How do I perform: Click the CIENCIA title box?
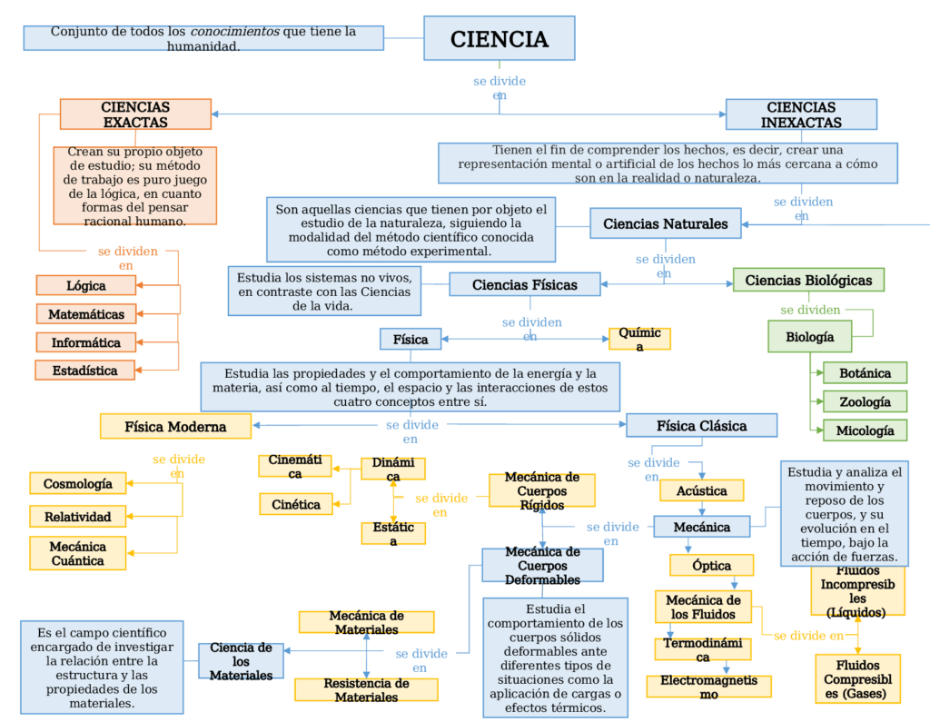coord(499,39)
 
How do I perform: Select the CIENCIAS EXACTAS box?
coord(135,114)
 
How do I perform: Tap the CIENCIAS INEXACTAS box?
coord(801,114)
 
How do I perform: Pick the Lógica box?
coord(86,285)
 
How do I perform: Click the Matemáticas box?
coord(86,314)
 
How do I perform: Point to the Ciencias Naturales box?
coord(665,223)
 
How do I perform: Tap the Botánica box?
coord(865,372)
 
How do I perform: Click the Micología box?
coord(865,430)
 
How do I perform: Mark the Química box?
coord(639,340)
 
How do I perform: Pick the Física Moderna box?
coord(175,425)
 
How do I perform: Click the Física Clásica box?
coord(701,425)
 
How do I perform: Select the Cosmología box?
coord(78,483)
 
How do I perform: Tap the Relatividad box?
coord(78,517)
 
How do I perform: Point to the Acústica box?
coord(701,490)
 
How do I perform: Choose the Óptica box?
coord(711,565)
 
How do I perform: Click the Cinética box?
coord(295,504)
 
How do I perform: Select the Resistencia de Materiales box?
coord(366,690)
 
